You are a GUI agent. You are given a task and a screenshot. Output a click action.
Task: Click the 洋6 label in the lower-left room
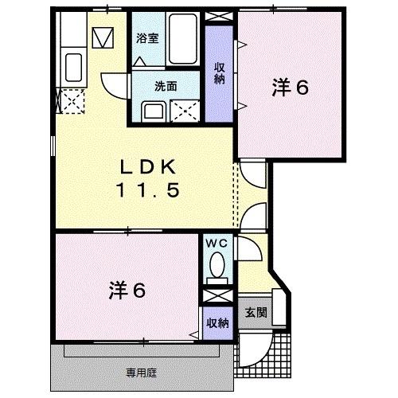coord(127,291)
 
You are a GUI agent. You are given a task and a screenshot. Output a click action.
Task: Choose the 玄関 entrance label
coord(255,312)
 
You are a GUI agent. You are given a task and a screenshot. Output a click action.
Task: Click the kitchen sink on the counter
coord(72,68)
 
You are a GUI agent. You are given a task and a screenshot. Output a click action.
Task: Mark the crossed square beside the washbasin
coord(185,110)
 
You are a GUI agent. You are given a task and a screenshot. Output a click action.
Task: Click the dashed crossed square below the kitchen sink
coord(72,102)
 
